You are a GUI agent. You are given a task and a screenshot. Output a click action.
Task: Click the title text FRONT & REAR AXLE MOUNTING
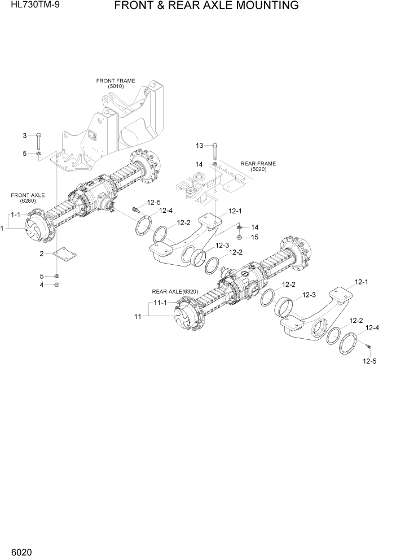206,6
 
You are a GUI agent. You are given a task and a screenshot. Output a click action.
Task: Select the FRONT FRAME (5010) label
116,84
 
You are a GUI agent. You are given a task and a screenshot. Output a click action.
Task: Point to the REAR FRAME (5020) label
258,167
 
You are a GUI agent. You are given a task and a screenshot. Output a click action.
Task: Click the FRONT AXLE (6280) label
28,198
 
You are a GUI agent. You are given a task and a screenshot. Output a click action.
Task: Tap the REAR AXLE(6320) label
174,291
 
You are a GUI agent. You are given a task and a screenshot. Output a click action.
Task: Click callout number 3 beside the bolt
24,135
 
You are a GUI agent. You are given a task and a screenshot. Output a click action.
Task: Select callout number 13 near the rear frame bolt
199,146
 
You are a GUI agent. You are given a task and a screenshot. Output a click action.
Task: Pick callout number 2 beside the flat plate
41,254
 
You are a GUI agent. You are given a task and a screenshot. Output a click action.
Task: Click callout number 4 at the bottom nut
41,285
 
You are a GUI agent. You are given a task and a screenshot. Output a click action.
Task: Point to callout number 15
255,237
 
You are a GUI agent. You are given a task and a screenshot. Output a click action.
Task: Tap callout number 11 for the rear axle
137,317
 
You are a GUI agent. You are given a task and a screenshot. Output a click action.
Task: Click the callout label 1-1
15,215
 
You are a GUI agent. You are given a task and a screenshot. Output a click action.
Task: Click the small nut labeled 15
240,237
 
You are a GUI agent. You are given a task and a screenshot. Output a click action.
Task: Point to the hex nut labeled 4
56,285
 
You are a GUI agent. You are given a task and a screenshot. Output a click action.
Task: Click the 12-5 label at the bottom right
369,361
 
